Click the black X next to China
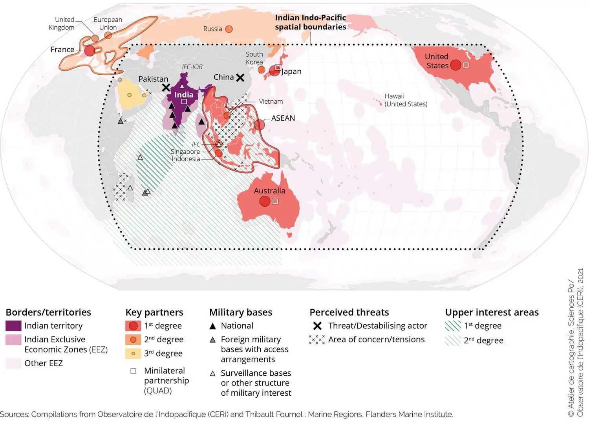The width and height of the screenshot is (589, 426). [x=240, y=77]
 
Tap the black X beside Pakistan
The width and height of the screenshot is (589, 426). [x=166, y=87]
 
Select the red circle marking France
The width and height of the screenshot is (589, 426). [x=90, y=50]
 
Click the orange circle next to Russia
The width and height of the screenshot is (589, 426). [x=229, y=29]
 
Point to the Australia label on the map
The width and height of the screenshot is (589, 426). [x=269, y=191]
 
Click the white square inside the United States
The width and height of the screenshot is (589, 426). [x=466, y=65]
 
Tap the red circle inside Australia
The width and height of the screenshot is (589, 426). [x=265, y=201]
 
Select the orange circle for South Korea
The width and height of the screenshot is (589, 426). [x=261, y=70]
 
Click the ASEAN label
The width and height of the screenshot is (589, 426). [x=283, y=118]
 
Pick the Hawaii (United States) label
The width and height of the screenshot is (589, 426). [x=406, y=100]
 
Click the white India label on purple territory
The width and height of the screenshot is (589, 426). [x=184, y=95]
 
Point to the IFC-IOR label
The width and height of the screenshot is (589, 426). [x=192, y=67]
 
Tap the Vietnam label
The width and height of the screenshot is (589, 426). [x=271, y=101]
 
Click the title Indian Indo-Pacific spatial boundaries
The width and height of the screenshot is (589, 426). [x=310, y=22]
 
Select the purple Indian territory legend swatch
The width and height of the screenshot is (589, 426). [x=13, y=325]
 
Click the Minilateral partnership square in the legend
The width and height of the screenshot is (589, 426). [x=133, y=371]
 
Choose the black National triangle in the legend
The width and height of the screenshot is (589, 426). [x=213, y=326]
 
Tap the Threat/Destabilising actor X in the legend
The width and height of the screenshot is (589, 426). [x=317, y=326]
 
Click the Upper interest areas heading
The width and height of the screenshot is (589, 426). [x=492, y=312]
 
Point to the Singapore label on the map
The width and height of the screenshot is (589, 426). [x=185, y=152]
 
